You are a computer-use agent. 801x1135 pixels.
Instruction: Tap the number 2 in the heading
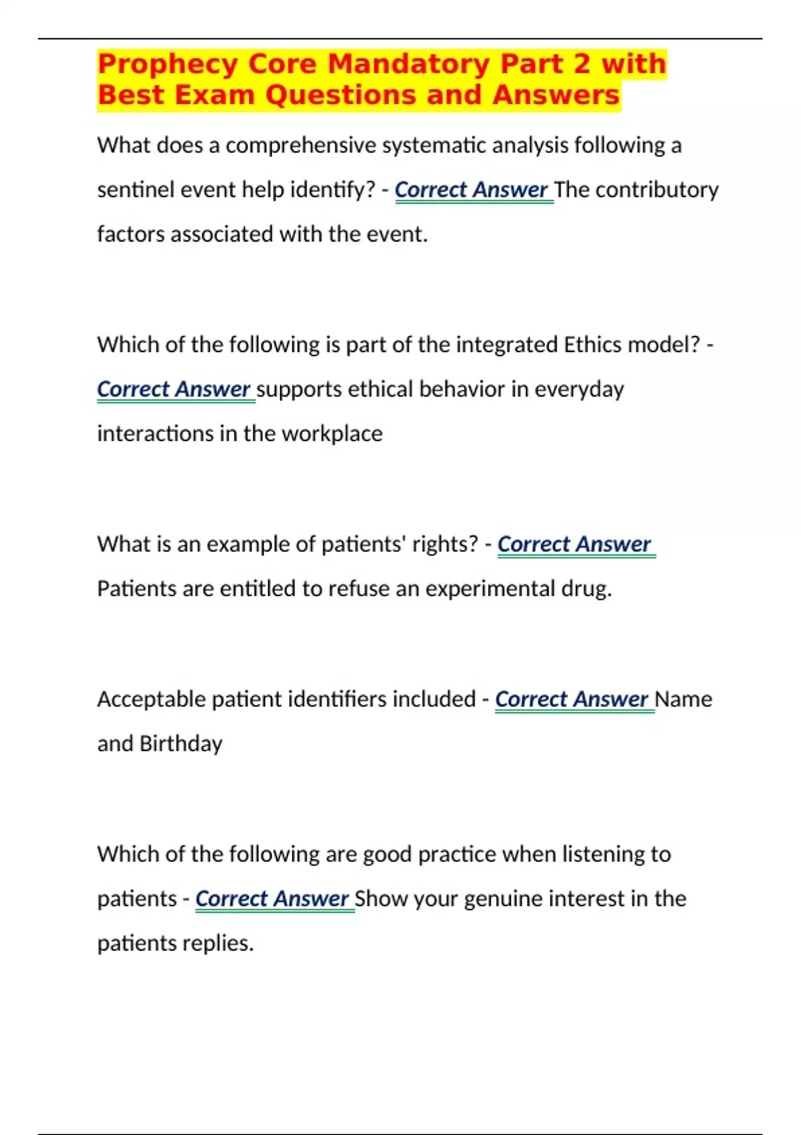(581, 65)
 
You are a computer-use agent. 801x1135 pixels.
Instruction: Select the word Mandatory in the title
(409, 65)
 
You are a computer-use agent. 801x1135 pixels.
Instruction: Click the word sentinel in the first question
(129, 190)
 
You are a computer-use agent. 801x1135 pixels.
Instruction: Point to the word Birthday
(180, 743)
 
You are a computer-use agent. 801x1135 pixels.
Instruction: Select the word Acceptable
(151, 699)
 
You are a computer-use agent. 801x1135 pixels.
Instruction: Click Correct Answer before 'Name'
(571, 699)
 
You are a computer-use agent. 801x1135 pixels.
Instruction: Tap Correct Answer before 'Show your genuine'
(272, 899)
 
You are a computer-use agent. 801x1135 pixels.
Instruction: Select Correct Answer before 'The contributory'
(471, 190)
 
